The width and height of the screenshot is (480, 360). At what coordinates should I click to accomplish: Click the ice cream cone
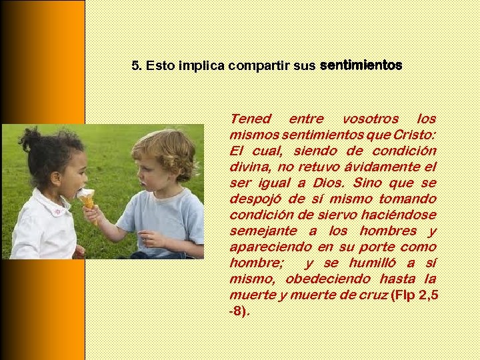tap(87, 201)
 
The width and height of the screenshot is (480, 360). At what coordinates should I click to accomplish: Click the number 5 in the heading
tap(135, 66)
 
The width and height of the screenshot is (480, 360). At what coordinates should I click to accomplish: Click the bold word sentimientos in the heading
tap(361, 65)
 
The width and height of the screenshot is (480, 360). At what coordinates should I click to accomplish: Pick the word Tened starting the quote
tap(250, 119)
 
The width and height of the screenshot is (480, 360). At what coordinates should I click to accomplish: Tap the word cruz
tap(373, 295)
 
